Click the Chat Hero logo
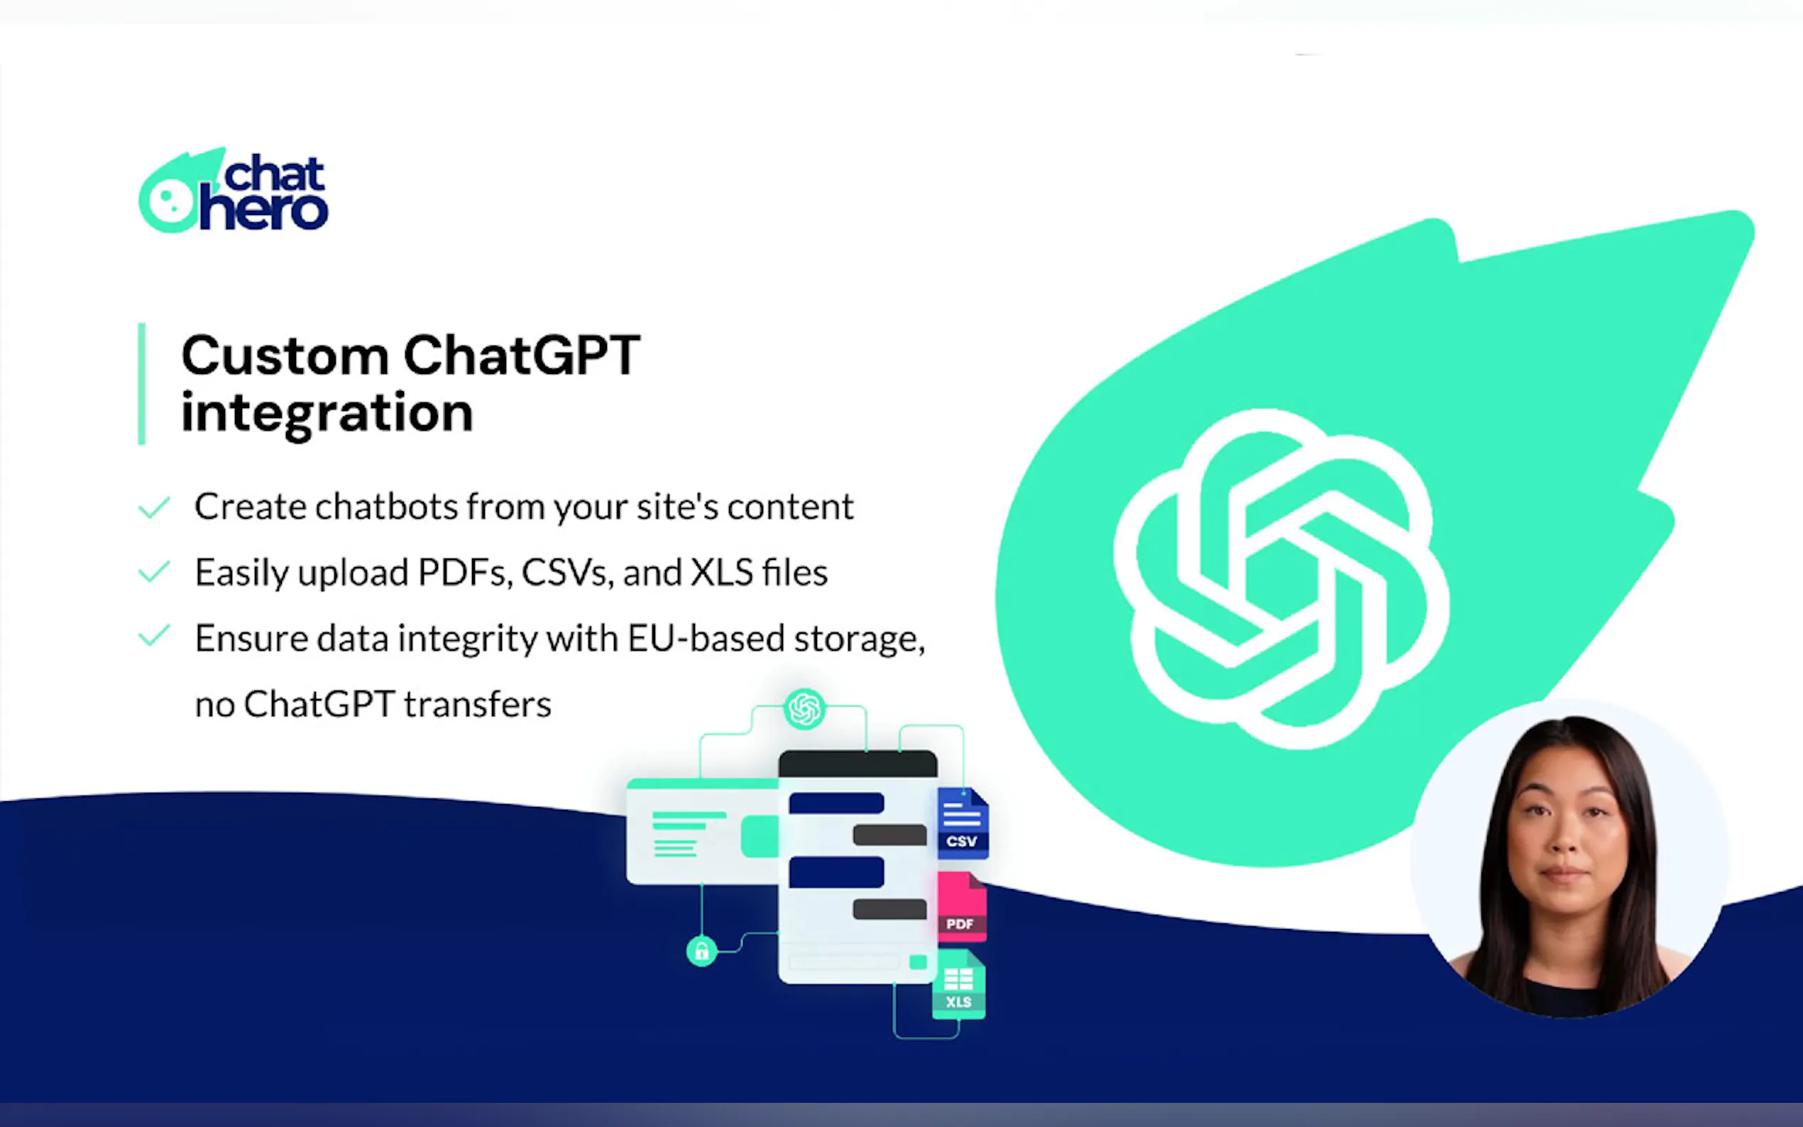click(x=234, y=191)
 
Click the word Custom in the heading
click(x=285, y=356)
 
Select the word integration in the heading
click(x=327, y=413)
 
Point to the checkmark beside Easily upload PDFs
click(x=154, y=572)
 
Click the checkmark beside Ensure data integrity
click(x=154, y=636)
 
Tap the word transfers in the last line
click(x=477, y=704)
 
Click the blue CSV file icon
click(x=963, y=823)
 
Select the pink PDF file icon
click(x=962, y=906)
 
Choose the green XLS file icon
click(x=958, y=984)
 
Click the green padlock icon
click(x=701, y=951)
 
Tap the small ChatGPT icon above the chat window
click(x=805, y=708)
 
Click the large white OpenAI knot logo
click(x=1281, y=578)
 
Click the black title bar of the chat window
click(x=858, y=764)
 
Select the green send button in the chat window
click(x=919, y=962)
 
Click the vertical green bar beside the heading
click(x=142, y=384)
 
